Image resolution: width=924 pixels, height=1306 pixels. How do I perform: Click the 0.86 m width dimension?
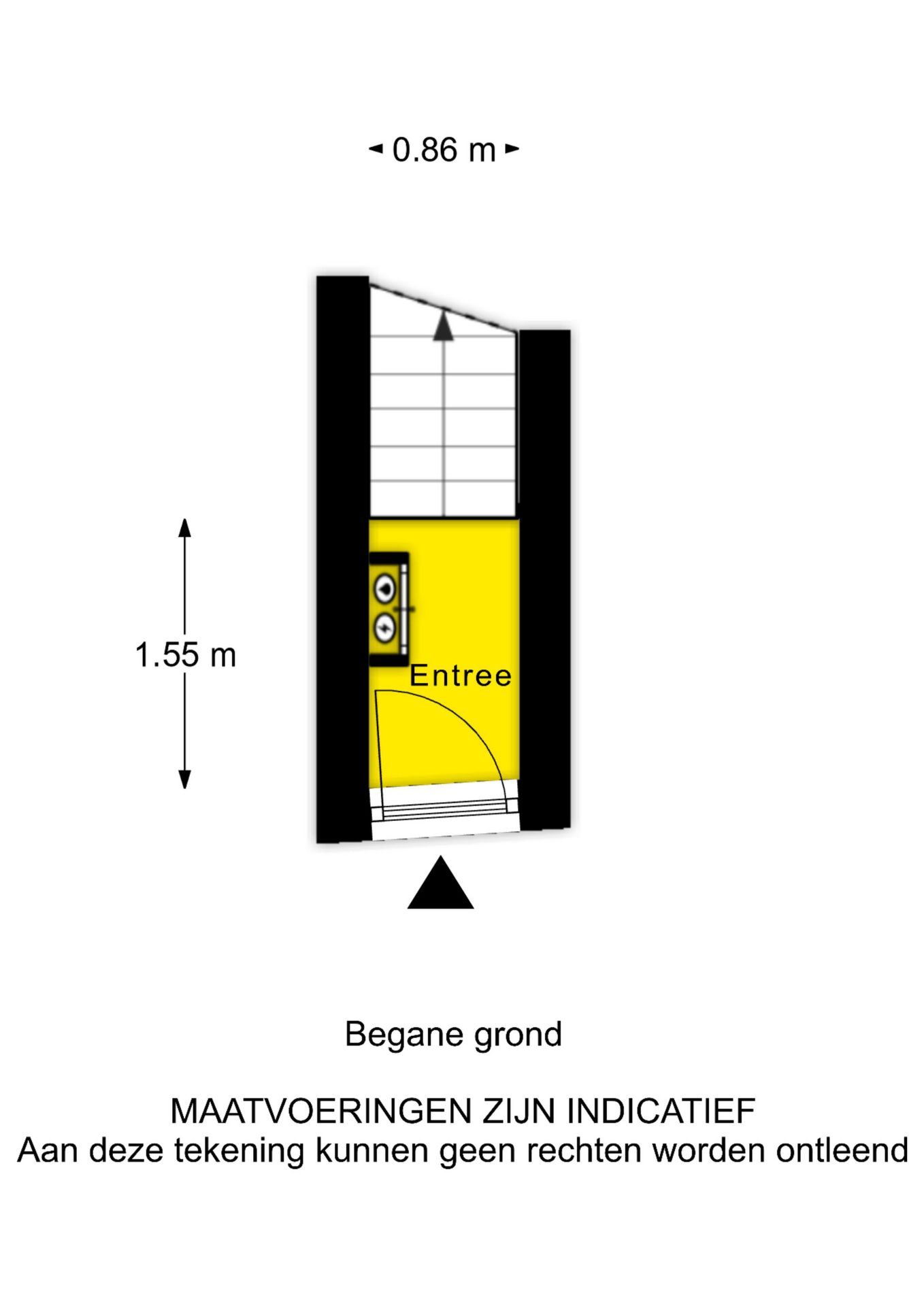click(x=444, y=150)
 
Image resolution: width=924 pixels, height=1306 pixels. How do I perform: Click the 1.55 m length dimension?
click(x=185, y=655)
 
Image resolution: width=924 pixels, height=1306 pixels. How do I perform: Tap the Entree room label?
click(x=461, y=675)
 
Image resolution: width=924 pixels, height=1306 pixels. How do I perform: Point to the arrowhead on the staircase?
click(x=444, y=325)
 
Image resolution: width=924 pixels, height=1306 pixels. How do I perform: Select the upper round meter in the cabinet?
click(x=385, y=589)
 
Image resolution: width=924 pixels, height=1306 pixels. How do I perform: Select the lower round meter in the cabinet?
click(x=385, y=627)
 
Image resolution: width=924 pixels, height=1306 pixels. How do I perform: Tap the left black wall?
click(x=343, y=559)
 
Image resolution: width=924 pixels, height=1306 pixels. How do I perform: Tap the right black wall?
click(x=544, y=580)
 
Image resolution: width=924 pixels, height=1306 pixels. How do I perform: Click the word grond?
click(x=518, y=1035)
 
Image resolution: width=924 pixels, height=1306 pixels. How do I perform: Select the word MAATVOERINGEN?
click(x=321, y=1111)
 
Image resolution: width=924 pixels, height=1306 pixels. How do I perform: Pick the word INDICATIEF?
click(x=661, y=1111)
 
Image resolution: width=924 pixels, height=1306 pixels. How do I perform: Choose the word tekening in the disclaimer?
click(x=239, y=1151)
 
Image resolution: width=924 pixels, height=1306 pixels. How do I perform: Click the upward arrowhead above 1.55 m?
click(x=184, y=528)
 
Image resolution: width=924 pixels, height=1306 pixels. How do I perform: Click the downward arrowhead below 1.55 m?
click(x=184, y=780)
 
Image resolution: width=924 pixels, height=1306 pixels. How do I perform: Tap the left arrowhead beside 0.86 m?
click(x=376, y=149)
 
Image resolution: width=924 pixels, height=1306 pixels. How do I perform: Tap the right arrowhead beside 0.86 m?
click(x=512, y=149)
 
